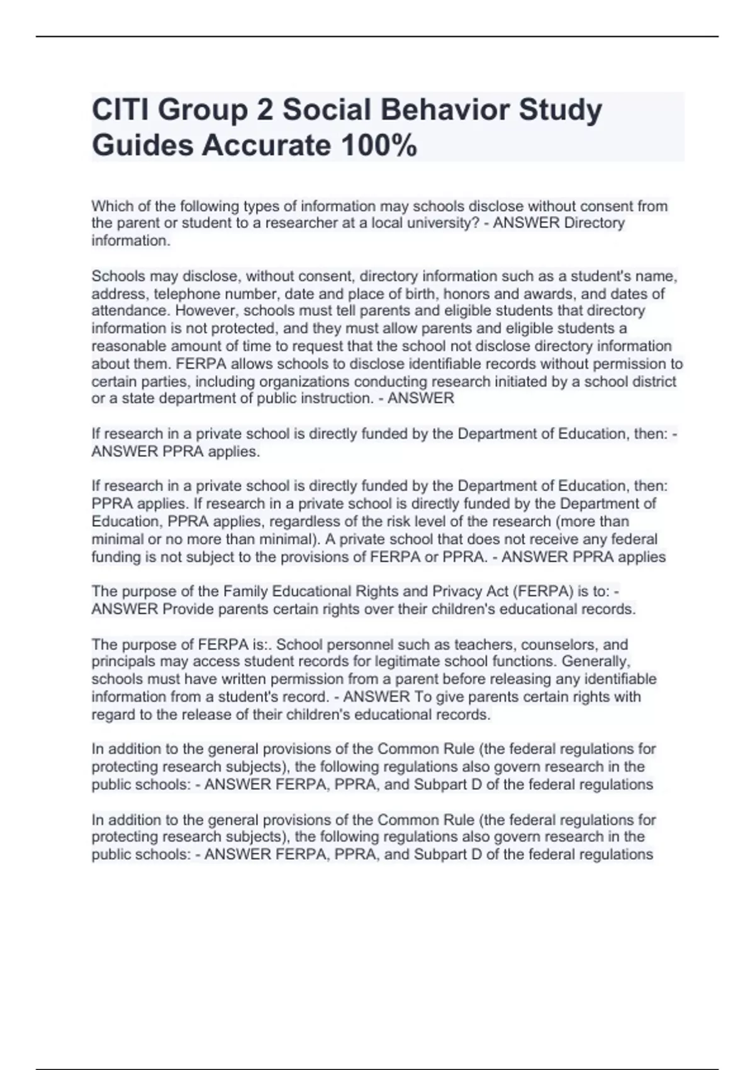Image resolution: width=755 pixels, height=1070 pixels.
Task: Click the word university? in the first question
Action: [444, 223]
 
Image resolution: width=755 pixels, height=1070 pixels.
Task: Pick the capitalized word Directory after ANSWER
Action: [595, 223]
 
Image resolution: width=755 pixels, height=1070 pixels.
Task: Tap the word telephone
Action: [186, 294]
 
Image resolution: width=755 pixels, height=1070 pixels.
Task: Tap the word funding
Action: [116, 557]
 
